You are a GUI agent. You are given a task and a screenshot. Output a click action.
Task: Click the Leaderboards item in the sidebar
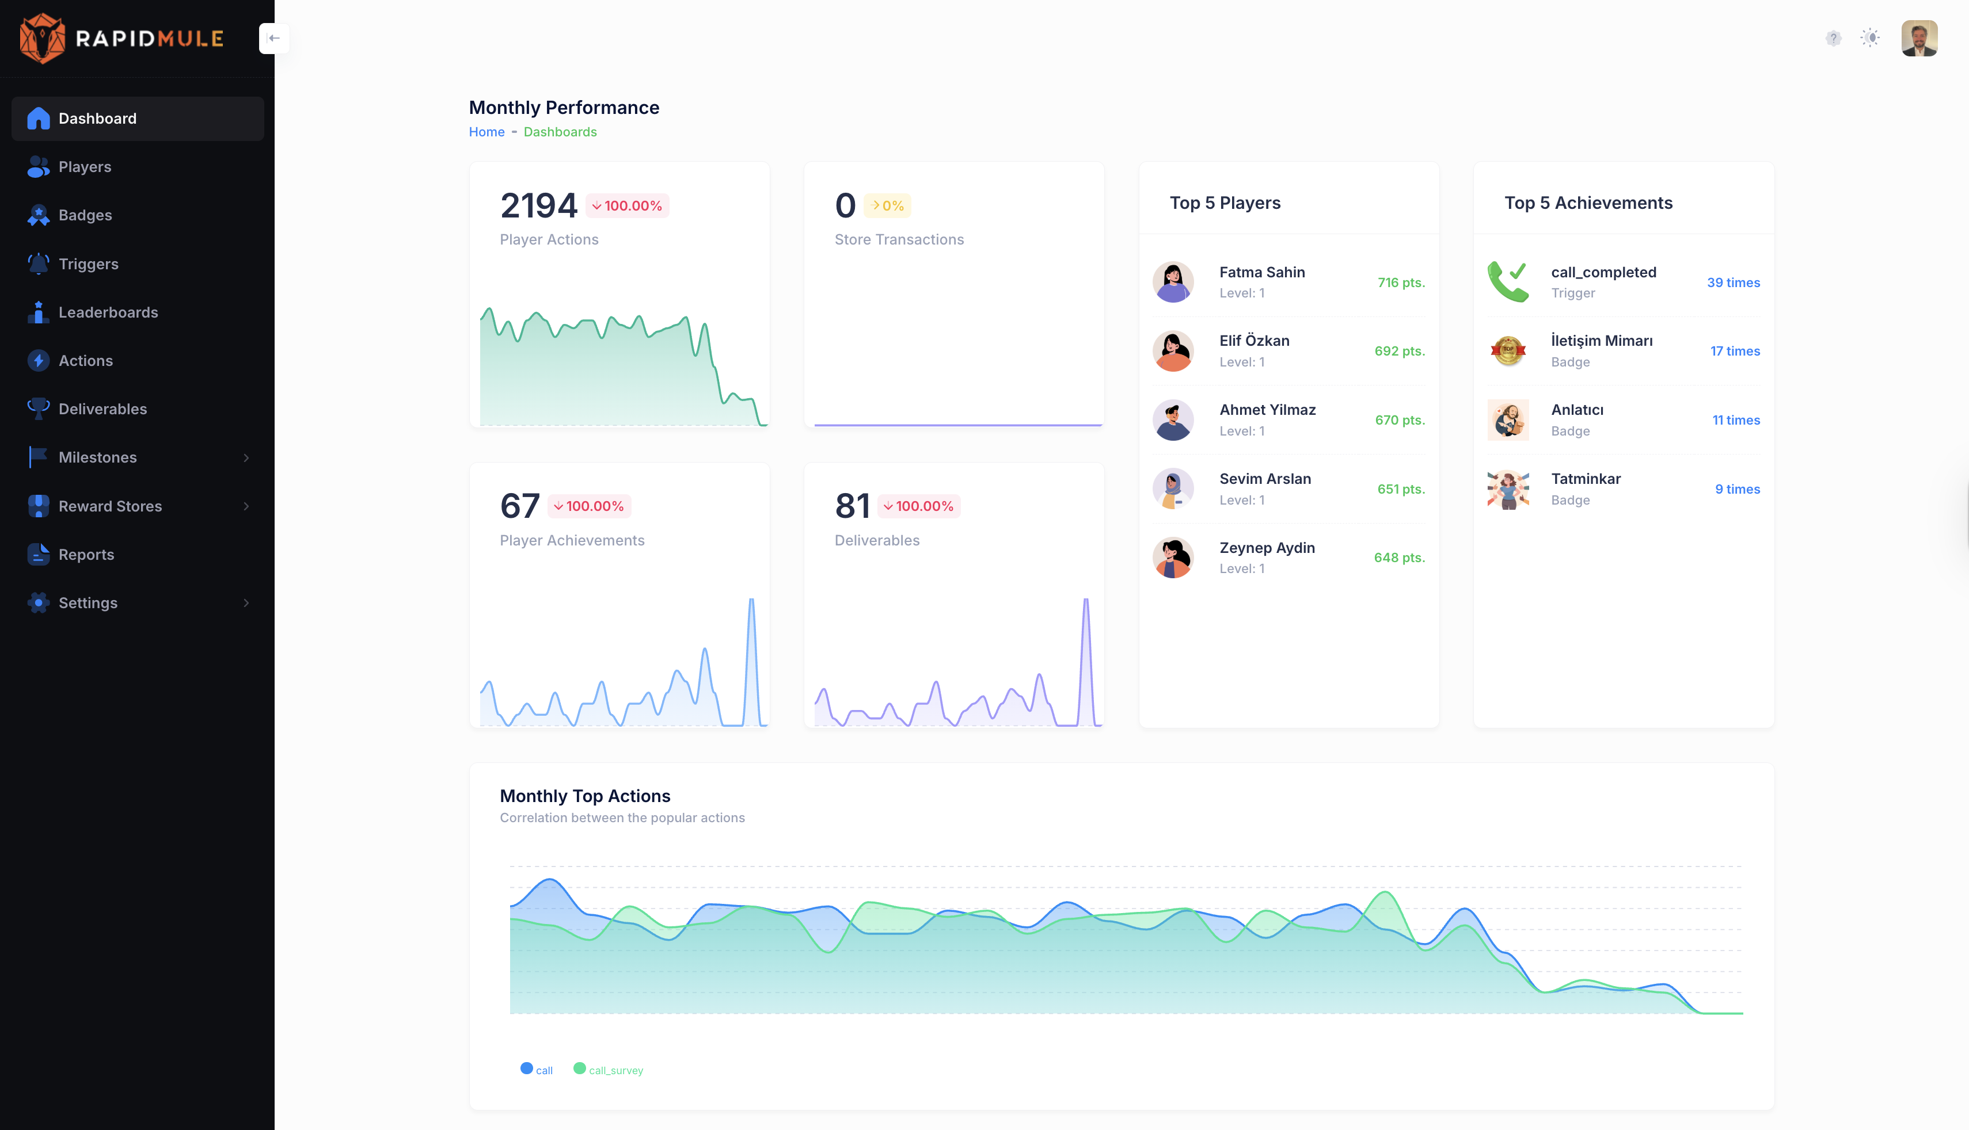click(108, 312)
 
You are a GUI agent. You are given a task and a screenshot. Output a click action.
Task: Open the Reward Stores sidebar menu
click(110, 506)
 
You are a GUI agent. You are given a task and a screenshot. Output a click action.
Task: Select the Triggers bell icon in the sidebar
click(38, 264)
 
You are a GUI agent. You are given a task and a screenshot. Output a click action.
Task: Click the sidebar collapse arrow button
click(274, 38)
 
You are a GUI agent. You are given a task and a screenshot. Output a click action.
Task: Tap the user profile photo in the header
click(1918, 38)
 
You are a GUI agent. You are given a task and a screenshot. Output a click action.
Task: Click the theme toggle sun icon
click(1871, 38)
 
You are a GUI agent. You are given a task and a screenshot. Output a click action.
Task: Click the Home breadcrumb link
click(486, 132)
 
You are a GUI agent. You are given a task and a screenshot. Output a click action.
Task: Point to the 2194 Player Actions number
click(538, 205)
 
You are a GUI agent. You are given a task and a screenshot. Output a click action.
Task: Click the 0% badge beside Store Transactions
click(887, 205)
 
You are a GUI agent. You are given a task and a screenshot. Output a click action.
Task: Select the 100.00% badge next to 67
click(590, 506)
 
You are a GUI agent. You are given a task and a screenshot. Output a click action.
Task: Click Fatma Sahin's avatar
click(1172, 282)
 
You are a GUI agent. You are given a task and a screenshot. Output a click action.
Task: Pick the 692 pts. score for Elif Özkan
click(1399, 351)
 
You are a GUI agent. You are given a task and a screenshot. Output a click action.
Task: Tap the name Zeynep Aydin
click(1267, 548)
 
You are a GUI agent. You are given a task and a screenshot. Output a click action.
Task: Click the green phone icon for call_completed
click(1507, 282)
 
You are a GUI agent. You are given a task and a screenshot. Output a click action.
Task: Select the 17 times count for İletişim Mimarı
click(1735, 351)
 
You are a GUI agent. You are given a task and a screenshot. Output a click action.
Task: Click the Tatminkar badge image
click(1508, 489)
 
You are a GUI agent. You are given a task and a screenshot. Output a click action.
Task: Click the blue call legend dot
click(526, 1068)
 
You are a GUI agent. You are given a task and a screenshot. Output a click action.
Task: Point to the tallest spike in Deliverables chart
click(1085, 601)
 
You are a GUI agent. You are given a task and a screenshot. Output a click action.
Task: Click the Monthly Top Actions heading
click(584, 796)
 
